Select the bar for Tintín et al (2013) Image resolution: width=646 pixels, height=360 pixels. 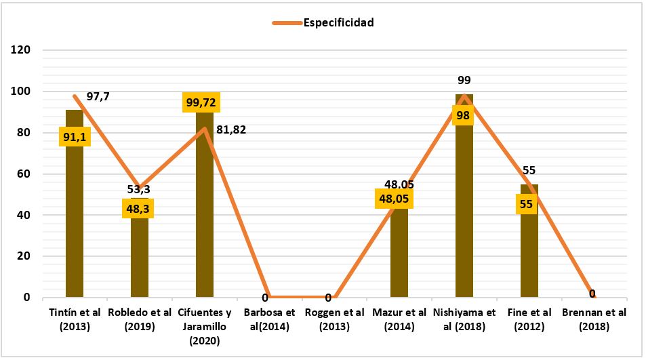click(x=75, y=217)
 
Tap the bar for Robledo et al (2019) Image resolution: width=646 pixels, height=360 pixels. click(x=140, y=258)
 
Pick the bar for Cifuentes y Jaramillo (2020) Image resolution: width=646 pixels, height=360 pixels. click(x=205, y=217)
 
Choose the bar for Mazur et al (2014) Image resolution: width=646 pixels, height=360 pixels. click(x=399, y=258)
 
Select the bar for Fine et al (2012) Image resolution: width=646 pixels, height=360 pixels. click(x=529, y=251)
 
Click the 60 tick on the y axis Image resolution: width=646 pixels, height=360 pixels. click(x=24, y=174)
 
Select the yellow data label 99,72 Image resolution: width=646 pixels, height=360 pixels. click(x=202, y=103)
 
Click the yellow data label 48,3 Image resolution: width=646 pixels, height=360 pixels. click(x=138, y=208)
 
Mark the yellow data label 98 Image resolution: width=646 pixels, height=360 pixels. click(x=463, y=115)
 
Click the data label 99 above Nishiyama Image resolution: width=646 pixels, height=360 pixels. click(x=464, y=81)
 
